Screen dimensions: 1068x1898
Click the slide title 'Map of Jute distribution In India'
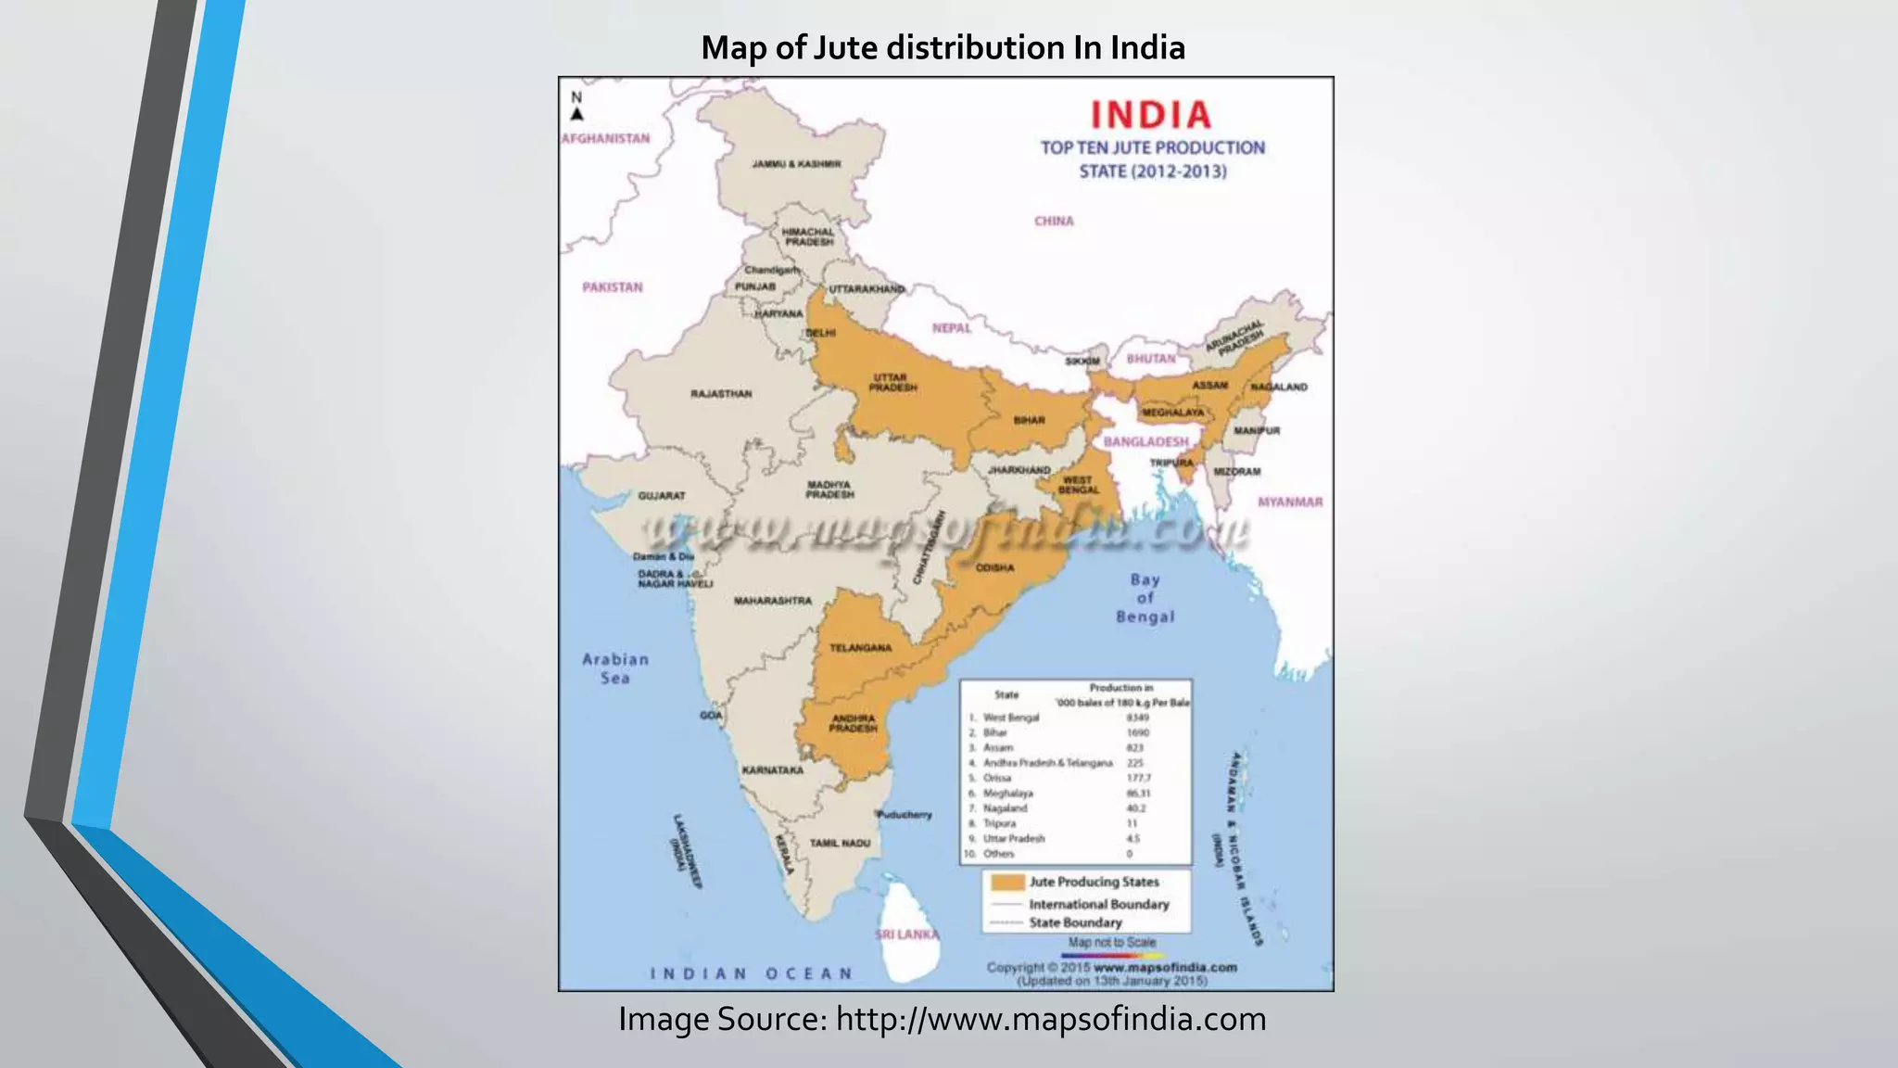click(943, 48)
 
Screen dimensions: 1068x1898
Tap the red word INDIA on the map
click(1151, 115)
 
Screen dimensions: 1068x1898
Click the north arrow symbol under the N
click(576, 114)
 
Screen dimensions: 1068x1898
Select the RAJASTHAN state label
click(721, 394)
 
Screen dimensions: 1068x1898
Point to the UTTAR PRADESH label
click(892, 382)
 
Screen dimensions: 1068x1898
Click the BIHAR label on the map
click(1029, 420)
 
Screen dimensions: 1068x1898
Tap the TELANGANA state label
click(860, 648)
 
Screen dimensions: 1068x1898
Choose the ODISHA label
click(994, 567)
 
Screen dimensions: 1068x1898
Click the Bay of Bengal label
click(1145, 598)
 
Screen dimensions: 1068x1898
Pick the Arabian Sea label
click(615, 668)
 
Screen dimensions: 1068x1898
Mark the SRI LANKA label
click(906, 934)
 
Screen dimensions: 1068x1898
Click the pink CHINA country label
click(1054, 221)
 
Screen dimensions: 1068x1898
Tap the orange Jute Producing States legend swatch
click(1007, 882)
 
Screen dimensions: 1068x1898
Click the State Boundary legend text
click(1075, 922)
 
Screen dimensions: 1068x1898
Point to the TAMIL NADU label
click(840, 843)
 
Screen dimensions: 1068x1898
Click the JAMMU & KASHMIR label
click(796, 164)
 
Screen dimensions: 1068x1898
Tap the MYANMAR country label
click(1290, 502)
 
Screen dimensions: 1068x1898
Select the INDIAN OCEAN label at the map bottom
click(751, 973)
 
